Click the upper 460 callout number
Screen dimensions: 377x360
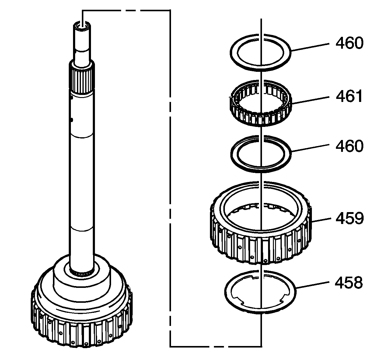pyautogui.click(x=349, y=43)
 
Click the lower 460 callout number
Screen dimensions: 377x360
pyautogui.click(x=349, y=146)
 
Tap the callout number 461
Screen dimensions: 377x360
pyautogui.click(x=349, y=96)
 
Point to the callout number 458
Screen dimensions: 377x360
pyautogui.click(x=349, y=283)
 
